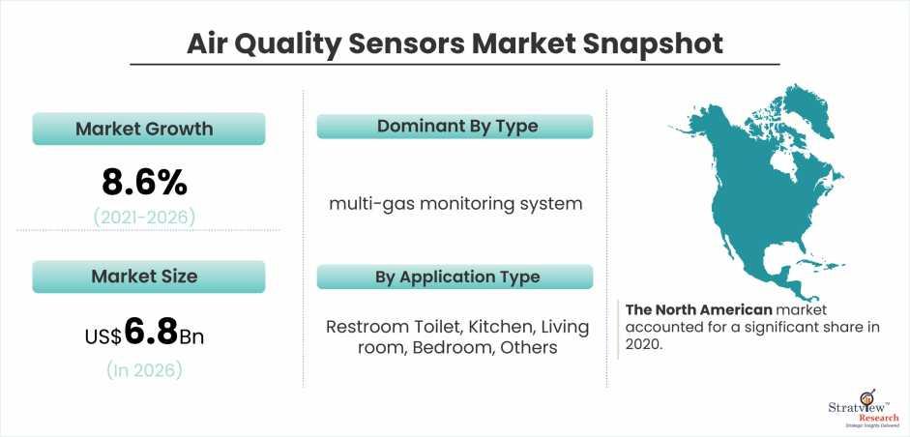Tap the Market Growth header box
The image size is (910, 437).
149,129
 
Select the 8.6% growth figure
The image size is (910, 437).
144,182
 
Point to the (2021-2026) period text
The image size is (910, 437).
144,217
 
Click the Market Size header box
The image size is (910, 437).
149,277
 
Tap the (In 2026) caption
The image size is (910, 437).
144,369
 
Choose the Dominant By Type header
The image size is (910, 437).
455,126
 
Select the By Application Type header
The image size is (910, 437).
455,277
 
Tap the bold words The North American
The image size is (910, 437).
699,309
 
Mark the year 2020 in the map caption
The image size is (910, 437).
642,343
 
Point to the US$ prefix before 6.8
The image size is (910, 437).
103,336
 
